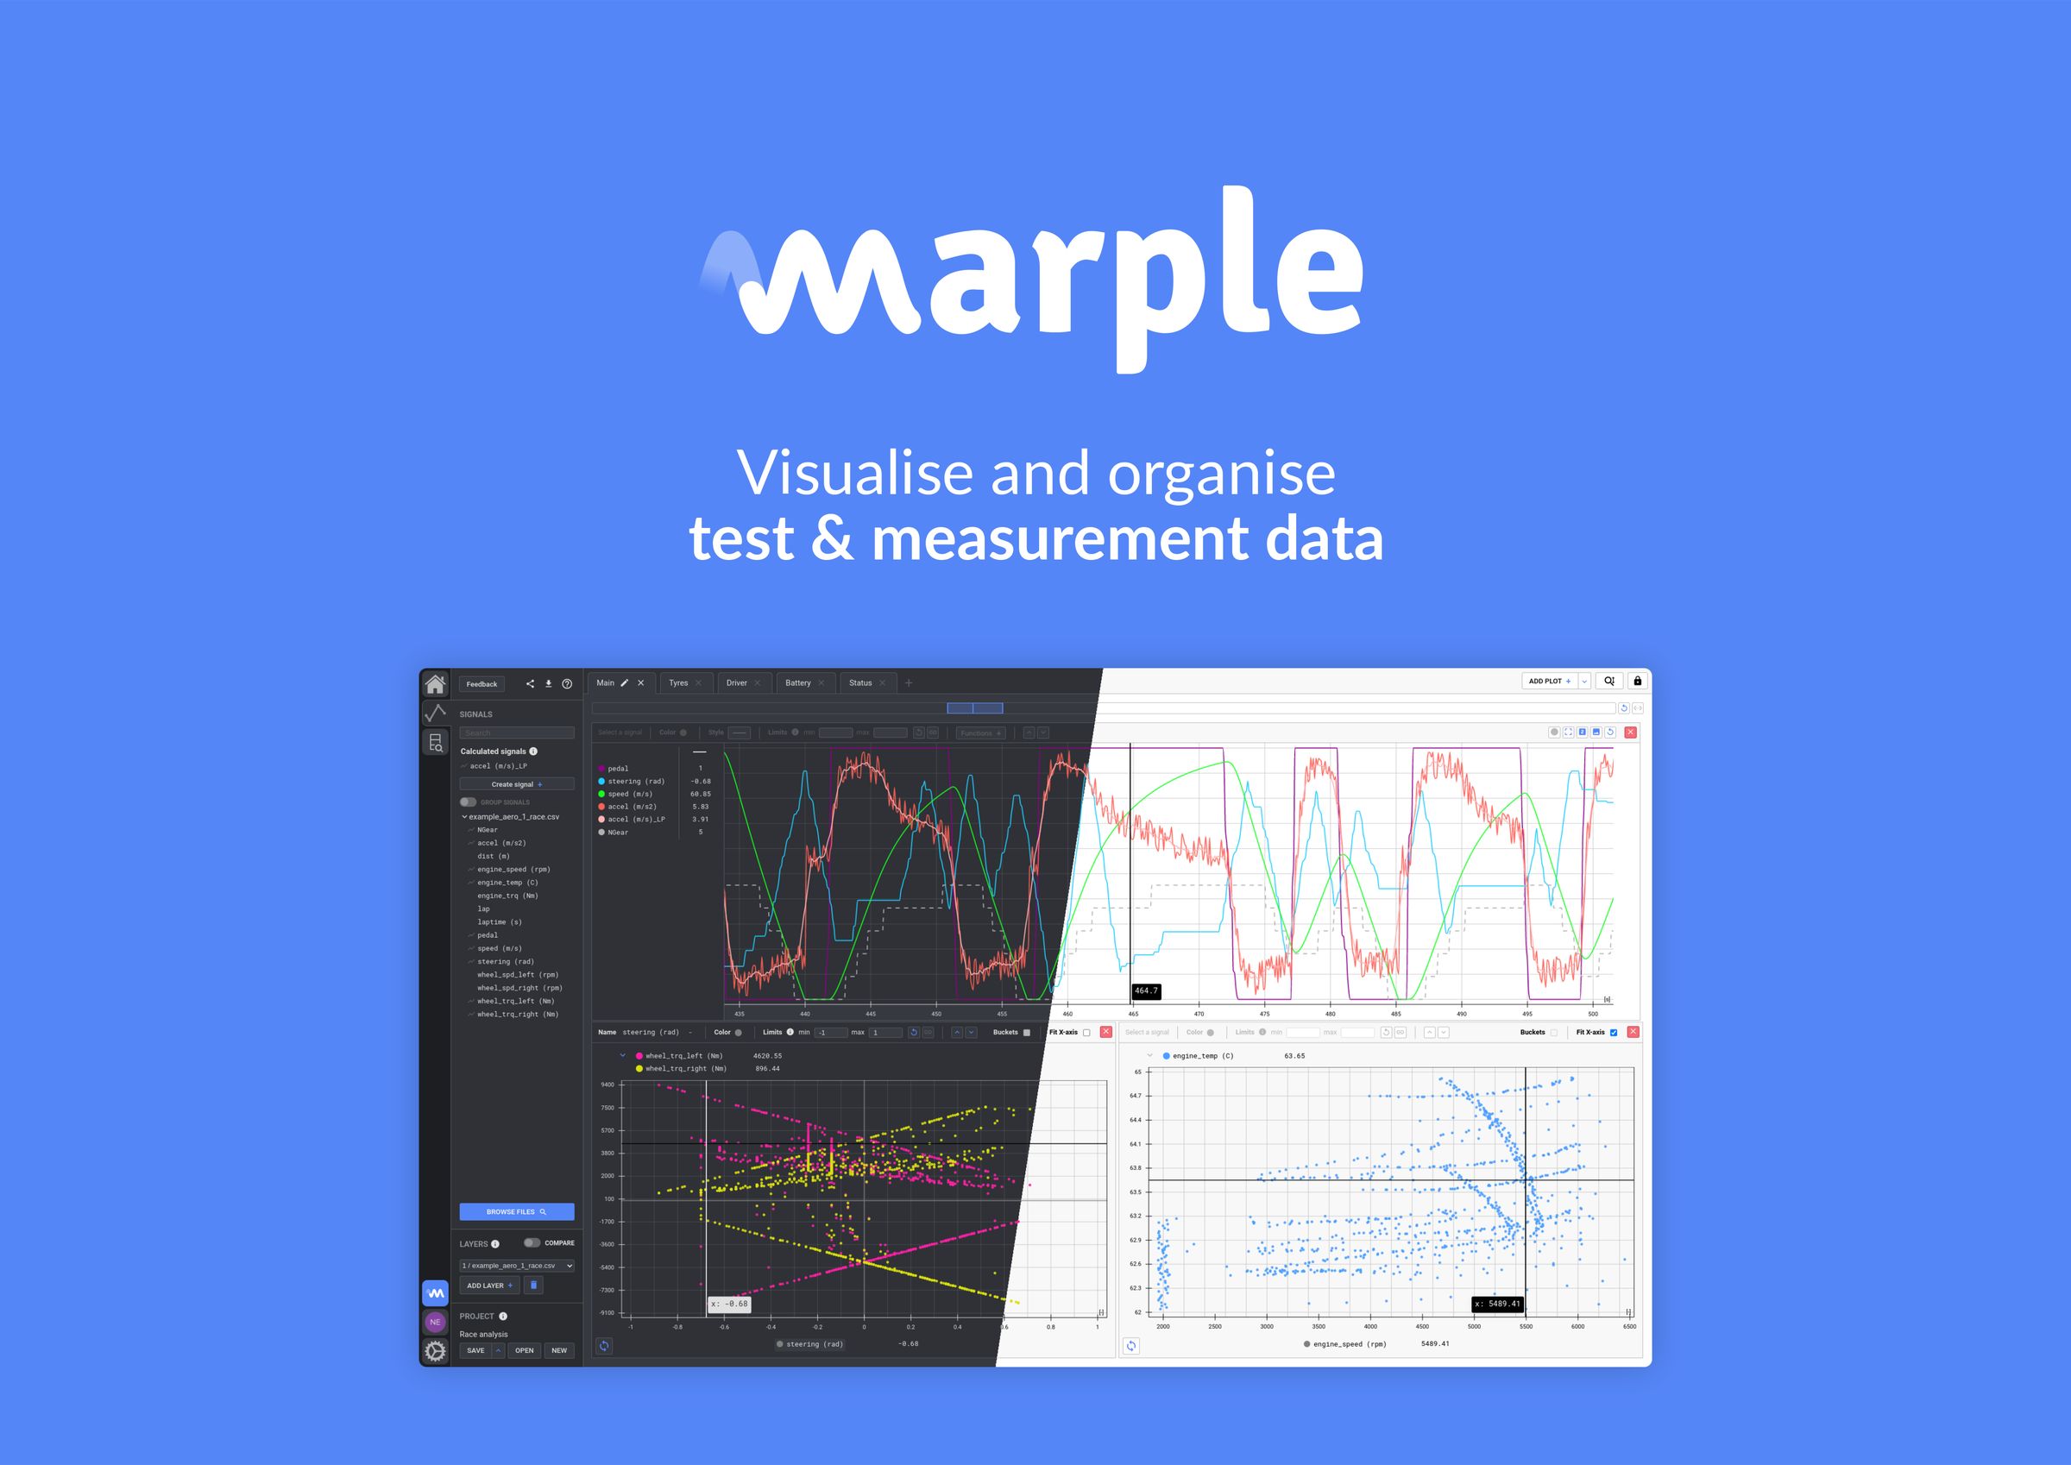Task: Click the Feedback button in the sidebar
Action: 482,684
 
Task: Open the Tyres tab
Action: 678,682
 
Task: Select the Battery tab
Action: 797,682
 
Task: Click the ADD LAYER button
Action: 489,1286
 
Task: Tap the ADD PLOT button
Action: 1549,681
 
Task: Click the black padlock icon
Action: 1637,681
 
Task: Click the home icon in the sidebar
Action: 435,684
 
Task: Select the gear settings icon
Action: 435,1350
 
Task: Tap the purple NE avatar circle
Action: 435,1322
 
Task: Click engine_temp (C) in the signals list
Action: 507,883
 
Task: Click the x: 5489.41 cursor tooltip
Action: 1497,1304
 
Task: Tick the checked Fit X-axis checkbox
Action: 1614,1032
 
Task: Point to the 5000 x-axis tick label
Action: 1474,1326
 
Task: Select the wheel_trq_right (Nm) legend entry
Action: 684,1068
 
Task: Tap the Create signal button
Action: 516,784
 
